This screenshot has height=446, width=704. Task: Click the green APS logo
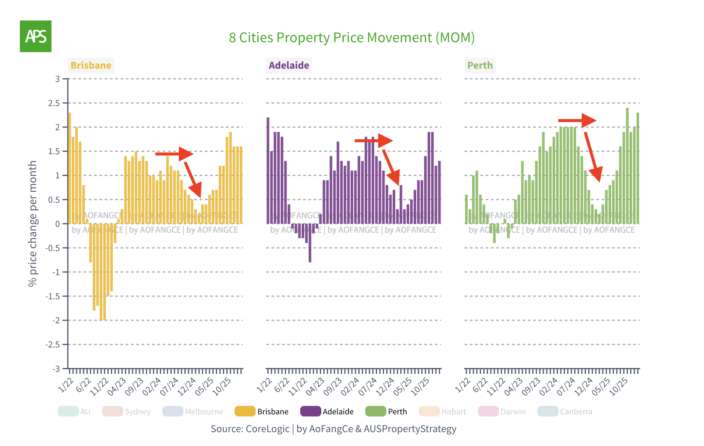pyautogui.click(x=36, y=36)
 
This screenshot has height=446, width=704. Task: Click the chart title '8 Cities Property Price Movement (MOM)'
pyautogui.click(x=352, y=38)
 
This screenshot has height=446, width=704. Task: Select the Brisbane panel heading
pyautogui.click(x=91, y=65)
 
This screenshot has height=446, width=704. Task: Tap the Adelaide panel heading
pyautogui.click(x=289, y=65)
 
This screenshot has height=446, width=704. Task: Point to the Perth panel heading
pyautogui.click(x=480, y=65)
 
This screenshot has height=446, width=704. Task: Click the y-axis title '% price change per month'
pyautogui.click(x=33, y=224)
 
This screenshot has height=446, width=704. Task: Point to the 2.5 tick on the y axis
pyautogui.click(x=54, y=103)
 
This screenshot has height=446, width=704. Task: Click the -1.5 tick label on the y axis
pyautogui.click(x=53, y=297)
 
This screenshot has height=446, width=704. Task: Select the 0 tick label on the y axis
pyautogui.click(x=58, y=224)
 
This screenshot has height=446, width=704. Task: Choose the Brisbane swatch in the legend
pyautogui.click(x=245, y=411)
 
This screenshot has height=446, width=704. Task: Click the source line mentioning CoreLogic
pyautogui.click(x=333, y=429)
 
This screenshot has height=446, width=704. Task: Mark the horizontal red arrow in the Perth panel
pyautogui.click(x=577, y=121)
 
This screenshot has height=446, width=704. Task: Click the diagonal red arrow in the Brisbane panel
pyautogui.click(x=193, y=179)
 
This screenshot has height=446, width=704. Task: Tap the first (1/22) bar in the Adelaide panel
pyautogui.click(x=268, y=170)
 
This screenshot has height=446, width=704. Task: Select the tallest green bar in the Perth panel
pyautogui.click(x=627, y=166)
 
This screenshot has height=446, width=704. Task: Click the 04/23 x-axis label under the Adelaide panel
pyautogui.click(x=315, y=387)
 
